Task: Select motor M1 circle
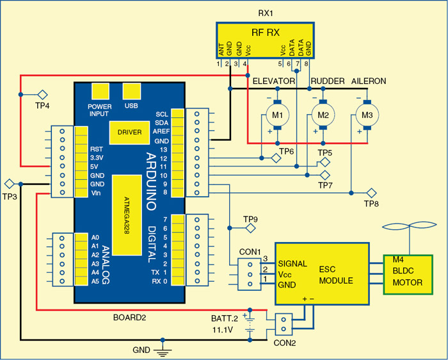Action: pos(277,115)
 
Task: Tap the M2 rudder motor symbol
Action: pos(322,115)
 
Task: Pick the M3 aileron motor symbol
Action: pos(367,115)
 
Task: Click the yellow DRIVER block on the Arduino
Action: pos(129,132)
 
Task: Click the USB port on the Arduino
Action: pos(132,91)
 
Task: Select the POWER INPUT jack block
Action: pos(100,91)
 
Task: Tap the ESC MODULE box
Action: pos(323,274)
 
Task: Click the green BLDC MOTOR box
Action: pos(408,274)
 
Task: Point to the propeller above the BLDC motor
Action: pos(407,229)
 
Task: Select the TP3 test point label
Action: pos(9,196)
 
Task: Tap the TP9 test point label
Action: pos(250,219)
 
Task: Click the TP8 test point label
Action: pos(371,204)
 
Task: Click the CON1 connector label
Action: pos(250,250)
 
